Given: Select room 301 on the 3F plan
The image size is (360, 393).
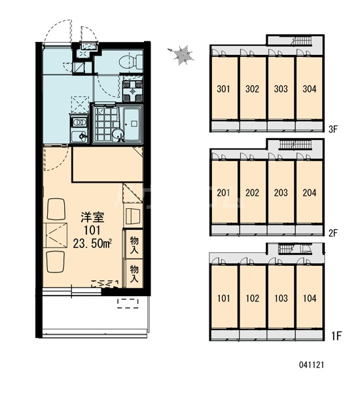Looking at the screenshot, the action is (223, 88).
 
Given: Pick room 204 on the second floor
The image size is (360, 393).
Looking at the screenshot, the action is (310, 193).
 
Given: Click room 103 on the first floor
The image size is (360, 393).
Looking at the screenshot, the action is (281, 298).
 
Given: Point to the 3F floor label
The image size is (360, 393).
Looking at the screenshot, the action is (333, 129).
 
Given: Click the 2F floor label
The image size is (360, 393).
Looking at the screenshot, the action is (333, 233).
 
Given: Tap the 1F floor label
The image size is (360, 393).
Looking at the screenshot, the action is (336, 336).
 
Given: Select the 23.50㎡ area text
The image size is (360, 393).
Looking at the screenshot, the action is (92, 244).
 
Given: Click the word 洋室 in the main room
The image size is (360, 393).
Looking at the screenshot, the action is (92, 217).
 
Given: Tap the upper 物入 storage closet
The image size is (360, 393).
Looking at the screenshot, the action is (134, 244).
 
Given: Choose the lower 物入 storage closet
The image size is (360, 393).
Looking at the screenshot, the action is (134, 273).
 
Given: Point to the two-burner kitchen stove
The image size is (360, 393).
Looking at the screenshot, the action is (79, 122).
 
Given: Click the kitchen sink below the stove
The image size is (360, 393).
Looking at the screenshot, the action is (79, 136).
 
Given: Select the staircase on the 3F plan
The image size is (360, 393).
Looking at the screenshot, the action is (302, 41).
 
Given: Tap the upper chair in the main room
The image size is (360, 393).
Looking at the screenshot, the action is (56, 209).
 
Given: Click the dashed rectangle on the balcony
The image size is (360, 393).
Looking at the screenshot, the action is (128, 303).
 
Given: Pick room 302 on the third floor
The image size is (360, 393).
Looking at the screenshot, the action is (252, 88).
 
